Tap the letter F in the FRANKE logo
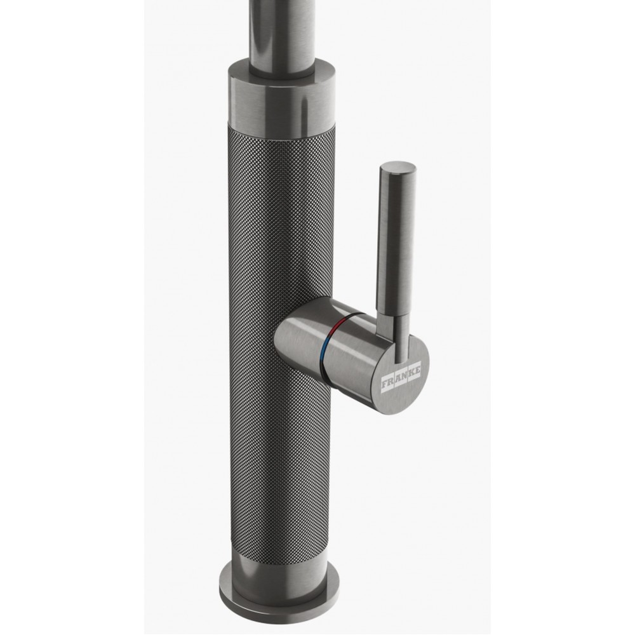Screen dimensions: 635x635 tap(385, 383)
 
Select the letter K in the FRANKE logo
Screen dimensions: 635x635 tap(412, 371)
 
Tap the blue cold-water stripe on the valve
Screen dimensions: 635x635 tap(323, 353)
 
